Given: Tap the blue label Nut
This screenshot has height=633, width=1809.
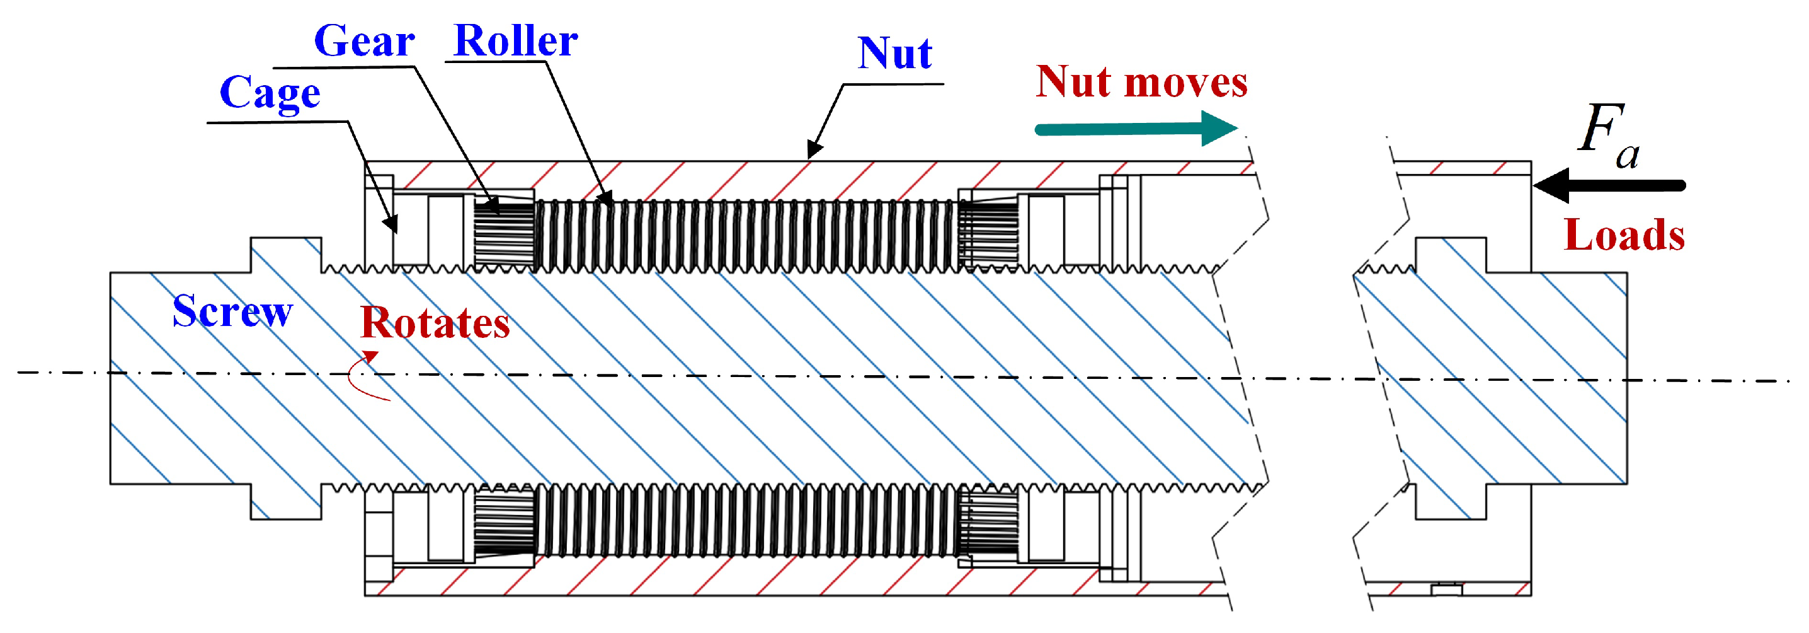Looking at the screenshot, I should tap(894, 54).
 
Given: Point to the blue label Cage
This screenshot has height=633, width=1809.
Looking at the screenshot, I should tap(270, 93).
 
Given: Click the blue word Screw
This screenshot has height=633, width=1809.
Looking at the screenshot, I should tap(232, 311).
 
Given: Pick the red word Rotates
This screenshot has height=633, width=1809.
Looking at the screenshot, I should tap(435, 323).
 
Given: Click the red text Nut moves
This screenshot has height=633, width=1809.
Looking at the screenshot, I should tap(1141, 82).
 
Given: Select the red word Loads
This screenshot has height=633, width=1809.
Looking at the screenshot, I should tap(1624, 235).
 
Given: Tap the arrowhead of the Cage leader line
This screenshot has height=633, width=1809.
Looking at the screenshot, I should tap(392, 225).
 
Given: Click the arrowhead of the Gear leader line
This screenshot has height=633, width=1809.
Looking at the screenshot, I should tap(493, 207).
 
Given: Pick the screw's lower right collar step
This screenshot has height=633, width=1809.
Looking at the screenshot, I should tap(1450, 502).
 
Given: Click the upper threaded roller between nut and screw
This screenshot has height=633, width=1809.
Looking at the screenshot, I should tap(745, 235).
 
